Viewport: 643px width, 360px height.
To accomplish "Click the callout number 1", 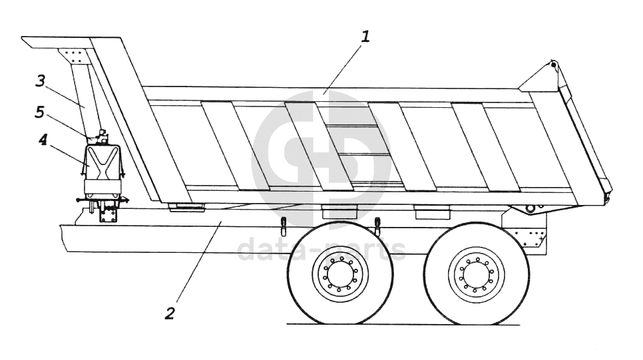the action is click(365, 36).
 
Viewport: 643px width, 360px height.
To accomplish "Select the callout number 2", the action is click(170, 313).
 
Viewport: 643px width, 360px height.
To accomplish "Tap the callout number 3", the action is click(41, 81).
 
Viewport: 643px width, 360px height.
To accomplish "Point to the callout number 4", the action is click(43, 141).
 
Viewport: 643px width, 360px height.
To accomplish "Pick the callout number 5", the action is click(40, 112).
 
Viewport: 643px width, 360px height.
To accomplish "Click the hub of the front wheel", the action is click(340, 273).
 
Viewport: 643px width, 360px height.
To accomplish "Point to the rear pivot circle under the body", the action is click(530, 208).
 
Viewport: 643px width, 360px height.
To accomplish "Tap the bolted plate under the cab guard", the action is click(73, 55).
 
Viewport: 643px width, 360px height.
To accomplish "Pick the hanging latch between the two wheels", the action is click(377, 226).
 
